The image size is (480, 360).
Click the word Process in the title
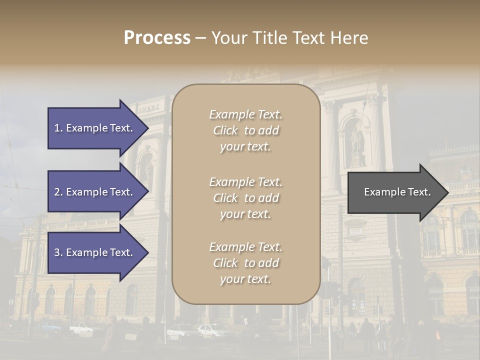(x=157, y=38)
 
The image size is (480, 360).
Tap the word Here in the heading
(x=349, y=38)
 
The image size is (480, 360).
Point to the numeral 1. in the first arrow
(x=58, y=128)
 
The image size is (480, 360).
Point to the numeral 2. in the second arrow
(x=58, y=192)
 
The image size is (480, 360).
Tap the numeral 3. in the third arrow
(x=58, y=252)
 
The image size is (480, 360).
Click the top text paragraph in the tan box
(x=245, y=130)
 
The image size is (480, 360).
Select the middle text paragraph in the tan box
(x=245, y=198)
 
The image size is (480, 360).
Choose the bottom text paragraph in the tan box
(x=245, y=263)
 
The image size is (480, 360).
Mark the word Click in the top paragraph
(x=225, y=130)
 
